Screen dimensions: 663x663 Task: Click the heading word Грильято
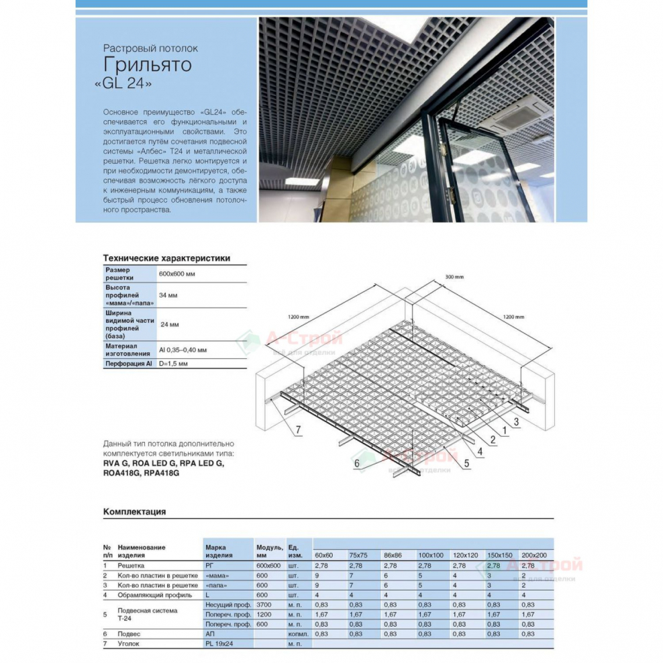pos(147,65)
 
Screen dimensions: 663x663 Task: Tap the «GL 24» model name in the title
pos(128,85)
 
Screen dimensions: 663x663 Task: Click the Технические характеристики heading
pos(166,258)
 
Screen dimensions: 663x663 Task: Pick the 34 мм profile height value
pos(167,295)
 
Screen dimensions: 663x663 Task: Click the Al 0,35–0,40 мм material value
pos(183,350)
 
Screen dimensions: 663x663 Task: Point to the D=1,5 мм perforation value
pos(173,363)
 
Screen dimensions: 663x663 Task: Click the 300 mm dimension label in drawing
pos(454,277)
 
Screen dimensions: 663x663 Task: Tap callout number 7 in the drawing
pos(300,429)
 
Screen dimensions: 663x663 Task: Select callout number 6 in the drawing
pos(357,463)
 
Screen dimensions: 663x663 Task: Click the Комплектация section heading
pos(134,512)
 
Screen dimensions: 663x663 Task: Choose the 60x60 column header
pos(324,556)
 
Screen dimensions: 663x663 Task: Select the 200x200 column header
pos(535,556)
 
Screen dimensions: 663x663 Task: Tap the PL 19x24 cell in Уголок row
pos(218,643)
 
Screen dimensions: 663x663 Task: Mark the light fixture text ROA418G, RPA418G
pos(141,472)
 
